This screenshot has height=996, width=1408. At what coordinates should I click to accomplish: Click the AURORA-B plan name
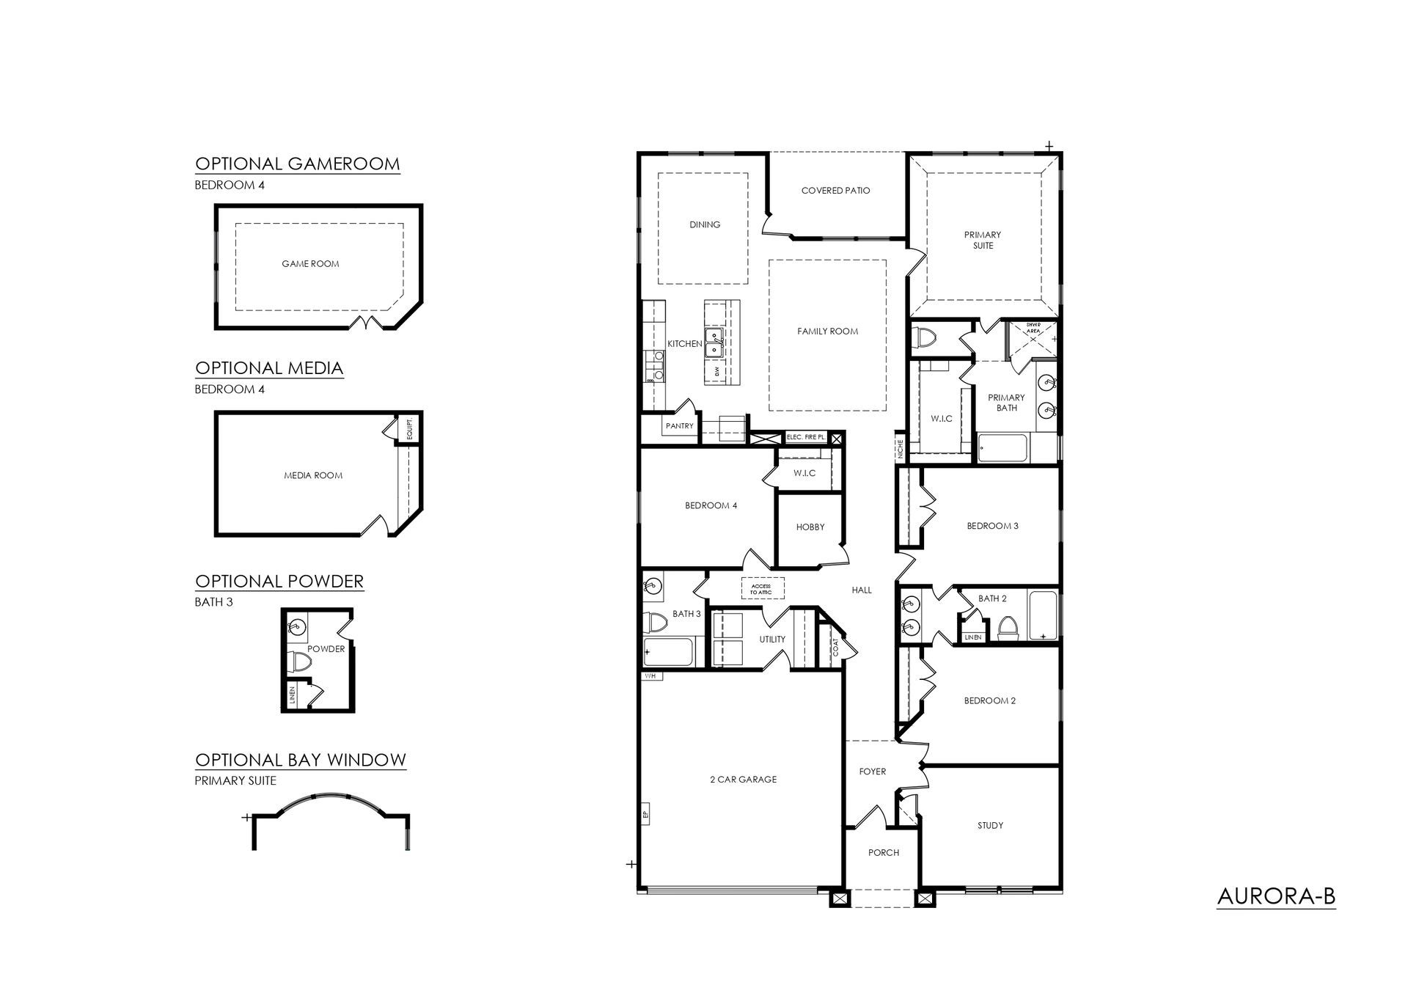[x=1276, y=896]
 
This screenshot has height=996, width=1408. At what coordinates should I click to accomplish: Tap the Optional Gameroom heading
[x=298, y=163]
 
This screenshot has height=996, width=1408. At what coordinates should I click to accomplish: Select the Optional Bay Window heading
[x=301, y=759]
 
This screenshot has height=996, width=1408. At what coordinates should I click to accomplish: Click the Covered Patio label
[x=835, y=191]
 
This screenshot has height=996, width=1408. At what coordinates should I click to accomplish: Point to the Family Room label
[x=827, y=332]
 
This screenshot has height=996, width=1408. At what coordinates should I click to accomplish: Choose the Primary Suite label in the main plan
[x=983, y=240]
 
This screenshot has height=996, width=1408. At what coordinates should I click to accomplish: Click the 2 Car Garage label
[x=743, y=780]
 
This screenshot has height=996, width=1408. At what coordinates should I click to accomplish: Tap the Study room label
[x=990, y=825]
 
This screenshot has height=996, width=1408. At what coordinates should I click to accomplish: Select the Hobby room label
[x=810, y=527]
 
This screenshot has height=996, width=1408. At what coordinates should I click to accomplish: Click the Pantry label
[x=680, y=425]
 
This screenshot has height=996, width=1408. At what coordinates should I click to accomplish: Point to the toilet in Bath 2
[x=1008, y=629]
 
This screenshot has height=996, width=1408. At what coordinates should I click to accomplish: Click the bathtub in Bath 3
[x=668, y=650]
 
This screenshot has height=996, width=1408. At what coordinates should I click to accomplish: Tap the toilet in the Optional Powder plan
[x=299, y=662]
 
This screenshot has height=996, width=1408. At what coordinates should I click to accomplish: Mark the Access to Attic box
[x=763, y=588]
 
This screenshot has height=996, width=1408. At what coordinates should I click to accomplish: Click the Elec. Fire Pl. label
[x=806, y=437]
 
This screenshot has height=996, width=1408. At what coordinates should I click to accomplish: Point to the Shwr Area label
[x=1033, y=327]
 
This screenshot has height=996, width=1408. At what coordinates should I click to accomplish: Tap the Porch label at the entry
[x=883, y=852]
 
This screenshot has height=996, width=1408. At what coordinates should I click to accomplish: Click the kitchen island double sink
[x=714, y=343]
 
